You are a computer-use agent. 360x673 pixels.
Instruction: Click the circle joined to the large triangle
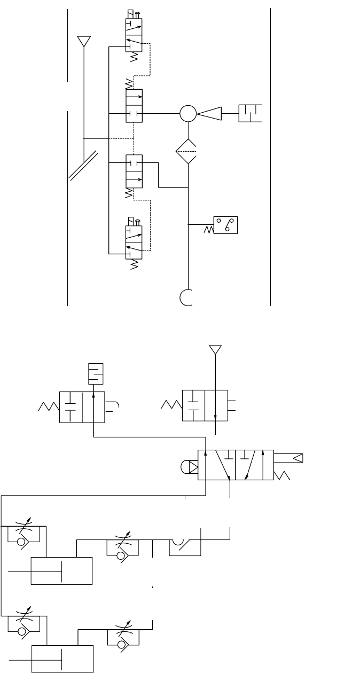(x=188, y=113)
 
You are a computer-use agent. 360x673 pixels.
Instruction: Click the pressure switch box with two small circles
(x=226, y=225)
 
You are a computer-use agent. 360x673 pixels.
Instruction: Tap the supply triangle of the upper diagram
(x=84, y=41)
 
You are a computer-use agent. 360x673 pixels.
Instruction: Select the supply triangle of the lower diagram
(x=215, y=349)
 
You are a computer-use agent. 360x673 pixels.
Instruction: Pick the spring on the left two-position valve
(x=48, y=407)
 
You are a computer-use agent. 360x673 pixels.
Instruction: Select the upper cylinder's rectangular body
(x=62, y=571)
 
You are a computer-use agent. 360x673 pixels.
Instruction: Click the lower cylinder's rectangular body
(x=63, y=659)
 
